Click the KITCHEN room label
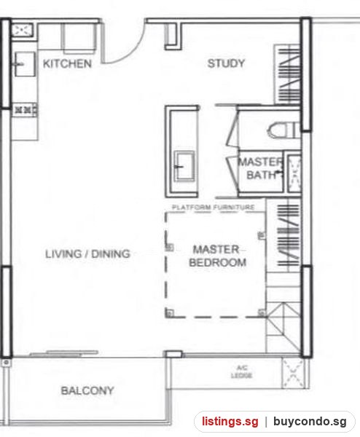pos(67,64)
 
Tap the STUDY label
pos(226,63)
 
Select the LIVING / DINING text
pos(88,254)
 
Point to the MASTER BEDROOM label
pos(217,256)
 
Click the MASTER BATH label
pos(261,168)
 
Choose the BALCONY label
pos(87,390)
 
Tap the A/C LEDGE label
pos(241,372)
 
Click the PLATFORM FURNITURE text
pos(214,208)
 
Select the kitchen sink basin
pos(25,64)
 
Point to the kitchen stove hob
pos(25,110)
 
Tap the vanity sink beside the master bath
pos(184,166)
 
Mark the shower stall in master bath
pos(294,173)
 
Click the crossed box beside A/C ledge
pos(293,373)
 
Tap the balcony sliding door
pos(64,353)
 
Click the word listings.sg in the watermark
pos(230,422)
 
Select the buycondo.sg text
pos(310,422)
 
